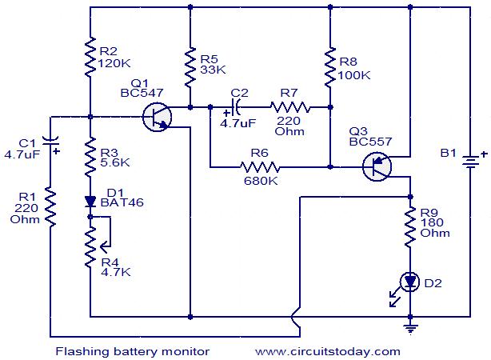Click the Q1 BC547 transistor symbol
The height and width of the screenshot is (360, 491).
tap(157, 117)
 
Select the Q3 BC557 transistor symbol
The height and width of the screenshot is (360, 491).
tap(377, 166)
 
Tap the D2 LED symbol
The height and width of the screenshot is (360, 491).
tap(409, 282)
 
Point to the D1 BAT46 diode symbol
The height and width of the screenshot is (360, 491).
tap(90, 202)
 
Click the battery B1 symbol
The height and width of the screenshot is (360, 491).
tap(470, 162)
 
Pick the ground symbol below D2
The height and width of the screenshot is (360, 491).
tap(410, 330)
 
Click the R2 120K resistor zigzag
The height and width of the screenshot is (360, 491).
tap(90, 57)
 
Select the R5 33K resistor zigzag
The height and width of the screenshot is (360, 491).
tap(190, 67)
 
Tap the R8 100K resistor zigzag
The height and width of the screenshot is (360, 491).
tap(330, 67)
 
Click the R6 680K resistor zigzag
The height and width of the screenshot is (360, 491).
tap(260, 167)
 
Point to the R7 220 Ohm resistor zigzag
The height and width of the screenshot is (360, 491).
tap(290, 107)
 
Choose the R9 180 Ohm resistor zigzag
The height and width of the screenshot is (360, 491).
tap(410, 227)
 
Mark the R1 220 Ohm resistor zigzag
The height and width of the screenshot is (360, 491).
tap(50, 206)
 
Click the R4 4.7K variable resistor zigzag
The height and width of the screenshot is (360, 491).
tap(90, 247)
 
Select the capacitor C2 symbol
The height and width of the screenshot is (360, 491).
tap(235, 107)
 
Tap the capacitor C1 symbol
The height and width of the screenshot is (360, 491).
tap(50, 142)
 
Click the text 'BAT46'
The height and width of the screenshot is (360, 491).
tap(122, 202)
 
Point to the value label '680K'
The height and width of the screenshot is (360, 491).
tap(261, 181)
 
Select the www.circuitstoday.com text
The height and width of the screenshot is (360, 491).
tap(328, 351)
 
